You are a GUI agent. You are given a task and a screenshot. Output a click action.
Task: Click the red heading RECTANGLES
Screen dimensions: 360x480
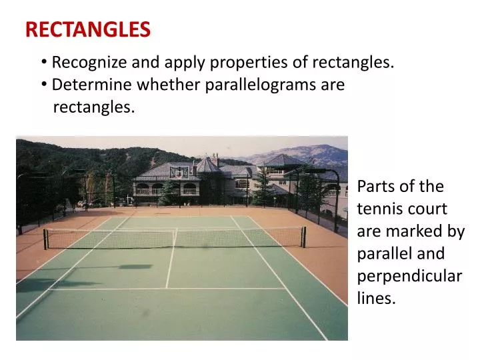pos(88,29)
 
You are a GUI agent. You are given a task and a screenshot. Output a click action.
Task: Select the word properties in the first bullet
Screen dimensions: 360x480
pos(245,63)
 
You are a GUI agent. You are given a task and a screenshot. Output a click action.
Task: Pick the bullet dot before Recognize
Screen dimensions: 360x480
pos(43,63)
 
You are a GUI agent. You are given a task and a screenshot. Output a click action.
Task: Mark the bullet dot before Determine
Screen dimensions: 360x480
pos(43,85)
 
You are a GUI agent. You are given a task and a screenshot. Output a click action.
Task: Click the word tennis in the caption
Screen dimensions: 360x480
pos(377,209)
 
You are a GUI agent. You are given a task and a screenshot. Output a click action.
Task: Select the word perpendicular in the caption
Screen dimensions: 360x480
pos(409,276)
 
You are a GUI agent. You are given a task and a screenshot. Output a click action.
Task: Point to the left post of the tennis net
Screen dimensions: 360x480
pos(45,239)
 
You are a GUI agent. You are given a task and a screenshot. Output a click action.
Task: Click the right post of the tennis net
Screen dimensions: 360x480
pos(304,237)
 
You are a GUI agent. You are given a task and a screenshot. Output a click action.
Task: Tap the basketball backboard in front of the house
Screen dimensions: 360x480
pos(179,172)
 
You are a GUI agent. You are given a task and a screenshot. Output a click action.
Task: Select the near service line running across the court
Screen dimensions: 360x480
pos(167,289)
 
